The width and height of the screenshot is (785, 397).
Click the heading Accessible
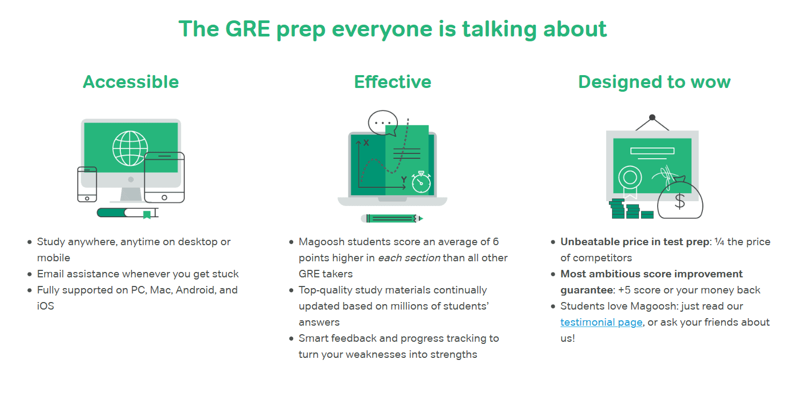130,82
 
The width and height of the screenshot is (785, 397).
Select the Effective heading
392,82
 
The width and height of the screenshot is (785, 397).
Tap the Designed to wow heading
655,82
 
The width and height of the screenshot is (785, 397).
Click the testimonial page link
601,322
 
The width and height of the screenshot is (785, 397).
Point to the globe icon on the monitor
130,148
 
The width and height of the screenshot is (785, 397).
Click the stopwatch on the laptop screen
421,182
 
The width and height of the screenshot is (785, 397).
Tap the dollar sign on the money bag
680,201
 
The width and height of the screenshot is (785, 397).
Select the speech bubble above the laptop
383,123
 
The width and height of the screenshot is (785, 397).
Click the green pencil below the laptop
392,218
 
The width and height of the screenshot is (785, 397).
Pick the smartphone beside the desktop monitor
87,184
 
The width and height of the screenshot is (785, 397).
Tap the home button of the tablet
164,198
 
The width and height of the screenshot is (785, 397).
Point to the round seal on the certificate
630,177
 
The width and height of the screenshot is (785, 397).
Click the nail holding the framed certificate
652,117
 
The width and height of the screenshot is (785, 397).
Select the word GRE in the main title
248,29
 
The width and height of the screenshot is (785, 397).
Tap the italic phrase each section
409,258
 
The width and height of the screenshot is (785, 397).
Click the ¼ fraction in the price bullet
719,242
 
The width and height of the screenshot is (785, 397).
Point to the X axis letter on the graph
366,143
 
